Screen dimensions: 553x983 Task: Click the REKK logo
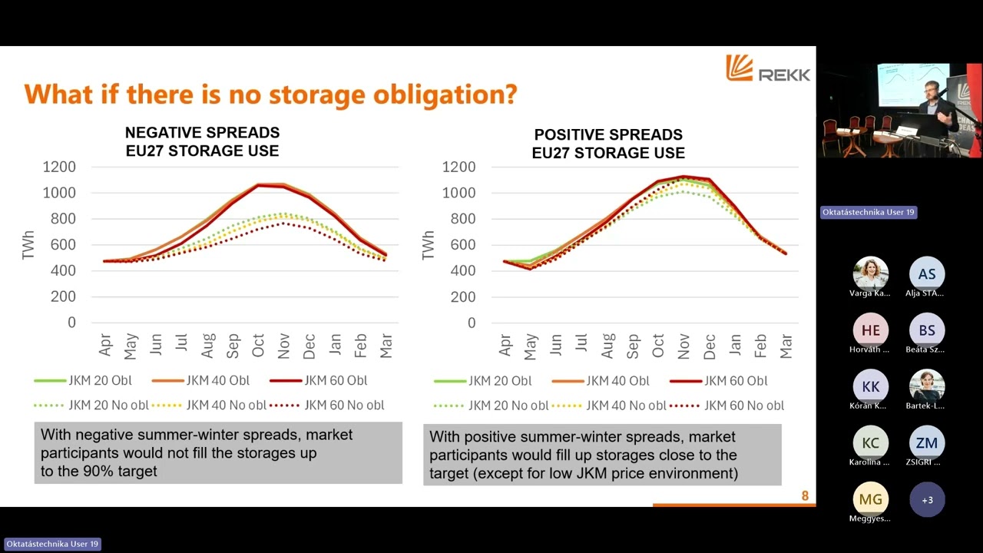pyautogui.click(x=767, y=69)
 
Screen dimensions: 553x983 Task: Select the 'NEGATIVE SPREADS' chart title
pyautogui.click(x=202, y=133)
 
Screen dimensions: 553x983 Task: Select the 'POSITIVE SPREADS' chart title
pyautogui.click(x=608, y=135)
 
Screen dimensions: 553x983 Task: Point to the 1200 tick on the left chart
pyautogui.click(x=59, y=167)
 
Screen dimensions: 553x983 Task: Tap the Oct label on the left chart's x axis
pyautogui.click(x=259, y=346)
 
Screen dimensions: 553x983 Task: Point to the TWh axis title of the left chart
pyautogui.click(x=29, y=244)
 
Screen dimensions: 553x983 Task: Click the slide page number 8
pyautogui.click(x=805, y=496)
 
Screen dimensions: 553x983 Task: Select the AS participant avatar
pyautogui.click(x=927, y=274)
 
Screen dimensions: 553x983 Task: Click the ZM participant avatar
pyautogui.click(x=927, y=443)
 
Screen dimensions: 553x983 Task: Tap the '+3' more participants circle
pyautogui.click(x=927, y=500)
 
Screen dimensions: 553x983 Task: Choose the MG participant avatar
pyautogui.click(x=870, y=500)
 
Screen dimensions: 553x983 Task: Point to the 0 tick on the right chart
pyautogui.click(x=471, y=323)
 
